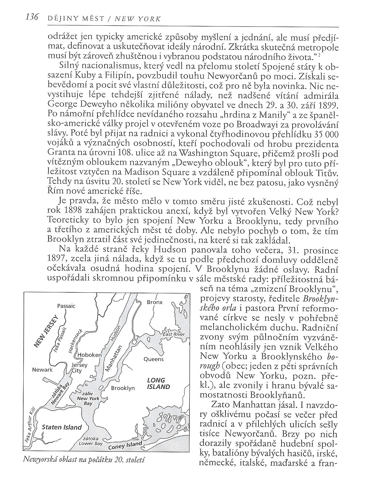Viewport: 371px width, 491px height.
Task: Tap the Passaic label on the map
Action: click(x=66, y=306)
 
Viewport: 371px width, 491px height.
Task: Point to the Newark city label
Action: click(x=42, y=370)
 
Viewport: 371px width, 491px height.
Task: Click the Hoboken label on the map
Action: click(x=89, y=355)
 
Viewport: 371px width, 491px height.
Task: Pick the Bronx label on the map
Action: click(x=154, y=302)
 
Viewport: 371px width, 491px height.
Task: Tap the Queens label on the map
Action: click(x=153, y=359)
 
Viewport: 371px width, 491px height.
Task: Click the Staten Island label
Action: click(x=61, y=427)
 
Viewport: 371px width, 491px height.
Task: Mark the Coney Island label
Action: click(x=125, y=446)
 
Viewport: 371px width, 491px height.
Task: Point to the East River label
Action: click(x=174, y=334)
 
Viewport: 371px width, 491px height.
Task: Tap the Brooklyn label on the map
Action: click(x=123, y=388)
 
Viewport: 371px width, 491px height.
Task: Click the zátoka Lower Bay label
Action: click(x=91, y=441)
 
